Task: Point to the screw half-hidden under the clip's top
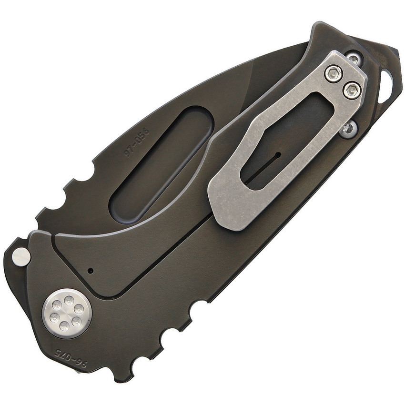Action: click(x=353, y=59)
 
